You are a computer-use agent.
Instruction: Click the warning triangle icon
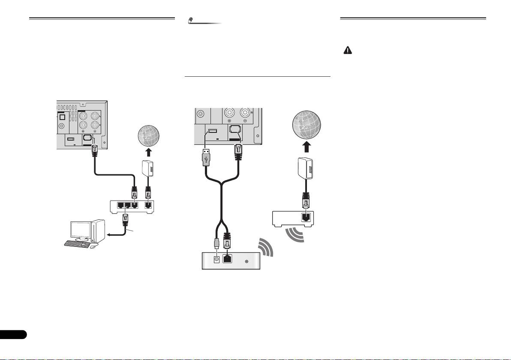coord(347,51)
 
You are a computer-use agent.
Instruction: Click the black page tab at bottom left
coord(13,334)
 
